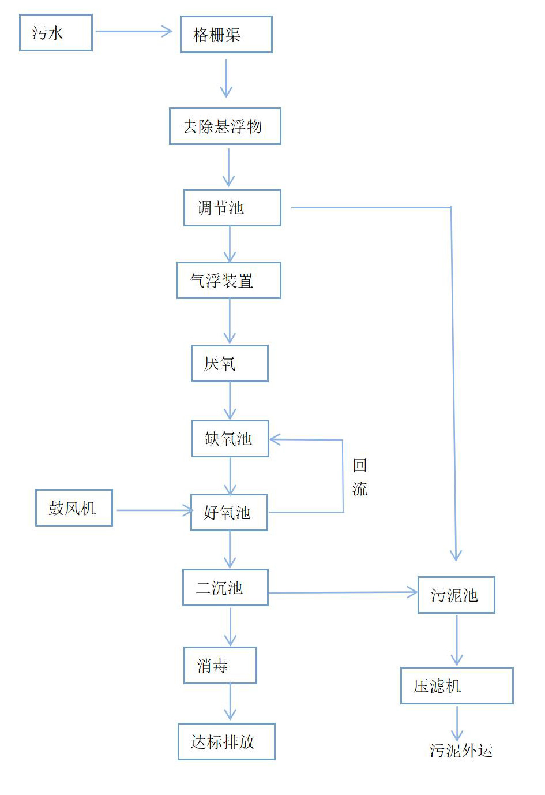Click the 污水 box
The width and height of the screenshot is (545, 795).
point(56,33)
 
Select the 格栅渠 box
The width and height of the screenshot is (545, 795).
point(226,35)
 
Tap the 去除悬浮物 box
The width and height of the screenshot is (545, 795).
point(225,126)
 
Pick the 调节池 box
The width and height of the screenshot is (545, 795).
point(232,207)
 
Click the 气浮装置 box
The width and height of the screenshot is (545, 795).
point(228,281)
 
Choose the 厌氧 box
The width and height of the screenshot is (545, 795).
point(230,363)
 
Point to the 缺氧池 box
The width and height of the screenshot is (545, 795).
point(230,439)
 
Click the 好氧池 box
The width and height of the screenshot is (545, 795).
point(229,512)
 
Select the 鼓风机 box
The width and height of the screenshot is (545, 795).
point(74,508)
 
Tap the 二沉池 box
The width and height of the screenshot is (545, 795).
point(225,588)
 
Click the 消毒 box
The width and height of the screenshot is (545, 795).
point(220,665)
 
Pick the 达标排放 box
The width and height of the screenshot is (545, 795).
point(226,741)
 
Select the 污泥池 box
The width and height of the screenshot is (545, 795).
point(456,595)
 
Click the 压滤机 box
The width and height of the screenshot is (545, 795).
point(457,686)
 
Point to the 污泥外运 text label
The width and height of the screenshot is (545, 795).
point(461,751)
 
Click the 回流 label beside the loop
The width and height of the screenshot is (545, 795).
point(359,477)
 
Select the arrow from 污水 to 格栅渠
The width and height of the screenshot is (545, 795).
point(134,32)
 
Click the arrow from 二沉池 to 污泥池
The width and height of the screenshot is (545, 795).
point(343,592)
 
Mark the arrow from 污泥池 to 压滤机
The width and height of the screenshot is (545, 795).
point(457,640)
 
